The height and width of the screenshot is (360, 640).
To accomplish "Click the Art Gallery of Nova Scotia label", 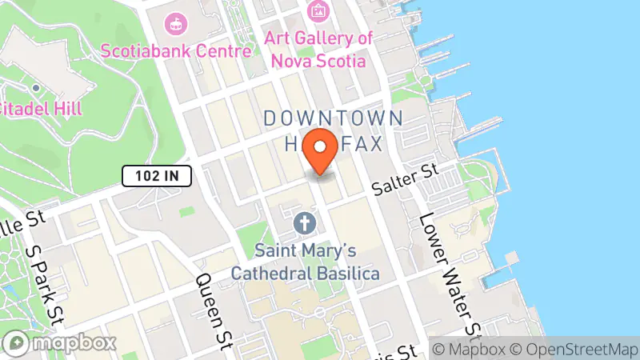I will pyautogui.click(x=318, y=49).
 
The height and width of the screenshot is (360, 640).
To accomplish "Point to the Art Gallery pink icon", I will pyautogui.click(x=318, y=10).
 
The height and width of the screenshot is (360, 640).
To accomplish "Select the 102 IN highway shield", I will pyautogui.click(x=157, y=174).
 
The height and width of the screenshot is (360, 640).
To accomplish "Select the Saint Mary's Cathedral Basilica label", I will pyautogui.click(x=305, y=261).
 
